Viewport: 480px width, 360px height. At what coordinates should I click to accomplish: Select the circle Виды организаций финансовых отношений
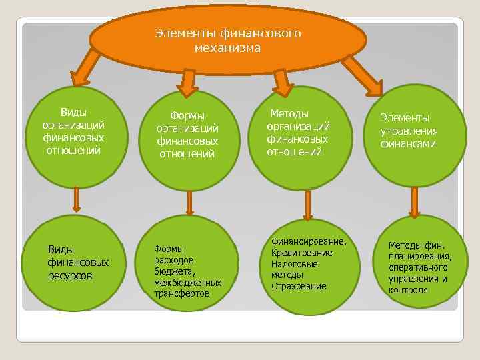(74, 131)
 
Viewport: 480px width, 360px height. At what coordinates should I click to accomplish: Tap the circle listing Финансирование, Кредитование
(308, 264)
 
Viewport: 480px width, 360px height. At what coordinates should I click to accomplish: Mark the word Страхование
(299, 286)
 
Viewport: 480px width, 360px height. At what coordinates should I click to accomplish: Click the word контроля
(408, 291)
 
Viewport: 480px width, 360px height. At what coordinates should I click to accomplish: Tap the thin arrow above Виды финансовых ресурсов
(77, 199)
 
